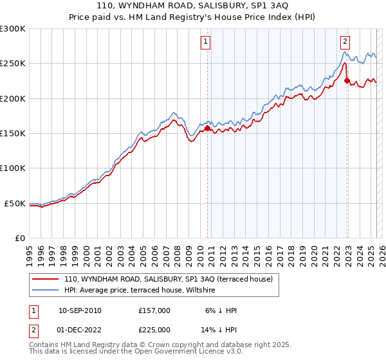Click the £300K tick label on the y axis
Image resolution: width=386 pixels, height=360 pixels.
(13, 29)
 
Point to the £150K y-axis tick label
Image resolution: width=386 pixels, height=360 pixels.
(13, 134)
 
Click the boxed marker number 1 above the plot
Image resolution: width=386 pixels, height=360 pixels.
(205, 42)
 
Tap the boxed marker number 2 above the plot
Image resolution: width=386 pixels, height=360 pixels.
(345, 42)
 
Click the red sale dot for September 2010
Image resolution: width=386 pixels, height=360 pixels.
(207, 129)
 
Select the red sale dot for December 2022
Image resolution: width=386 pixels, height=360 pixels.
(347, 81)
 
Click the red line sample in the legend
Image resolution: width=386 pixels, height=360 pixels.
(44, 279)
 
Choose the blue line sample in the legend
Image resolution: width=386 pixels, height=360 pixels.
(44, 290)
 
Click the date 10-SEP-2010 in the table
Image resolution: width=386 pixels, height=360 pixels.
(80, 310)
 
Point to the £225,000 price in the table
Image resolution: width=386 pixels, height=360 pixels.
(154, 330)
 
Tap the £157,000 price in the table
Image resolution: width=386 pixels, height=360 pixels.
(154, 310)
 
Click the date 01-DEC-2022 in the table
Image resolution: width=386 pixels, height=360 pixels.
(80, 330)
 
